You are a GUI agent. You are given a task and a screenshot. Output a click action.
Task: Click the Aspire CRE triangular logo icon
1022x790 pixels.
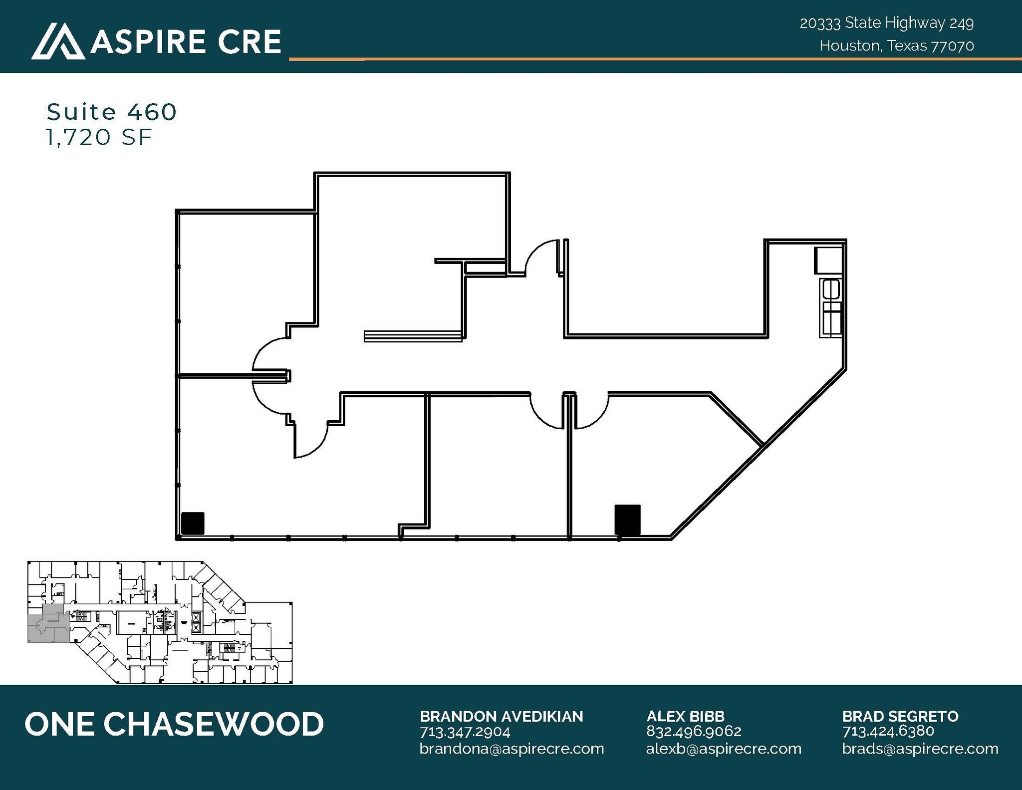(x=58, y=41)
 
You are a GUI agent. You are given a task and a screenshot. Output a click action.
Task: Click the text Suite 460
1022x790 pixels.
(x=111, y=112)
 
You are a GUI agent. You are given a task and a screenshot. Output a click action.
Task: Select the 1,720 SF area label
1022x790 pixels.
(x=99, y=137)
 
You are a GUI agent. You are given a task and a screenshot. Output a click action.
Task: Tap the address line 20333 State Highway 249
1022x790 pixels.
(x=886, y=23)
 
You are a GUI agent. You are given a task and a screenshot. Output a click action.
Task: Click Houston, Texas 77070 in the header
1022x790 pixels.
(x=896, y=46)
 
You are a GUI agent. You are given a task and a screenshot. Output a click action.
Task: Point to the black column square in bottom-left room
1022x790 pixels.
(x=193, y=524)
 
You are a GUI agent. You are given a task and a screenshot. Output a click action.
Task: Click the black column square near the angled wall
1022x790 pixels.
(x=627, y=520)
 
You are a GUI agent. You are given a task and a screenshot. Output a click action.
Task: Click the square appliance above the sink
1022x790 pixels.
(x=828, y=260)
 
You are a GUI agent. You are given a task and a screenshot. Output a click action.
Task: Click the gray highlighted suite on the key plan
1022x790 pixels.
(x=47, y=624)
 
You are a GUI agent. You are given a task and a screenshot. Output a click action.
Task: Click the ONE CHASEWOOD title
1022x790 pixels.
(x=174, y=724)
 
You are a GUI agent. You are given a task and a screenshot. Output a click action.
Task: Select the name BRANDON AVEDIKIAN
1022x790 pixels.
(x=501, y=716)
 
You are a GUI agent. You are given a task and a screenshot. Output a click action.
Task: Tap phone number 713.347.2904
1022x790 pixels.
(x=465, y=732)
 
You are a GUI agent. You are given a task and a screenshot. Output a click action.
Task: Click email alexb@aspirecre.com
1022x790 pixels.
(x=724, y=749)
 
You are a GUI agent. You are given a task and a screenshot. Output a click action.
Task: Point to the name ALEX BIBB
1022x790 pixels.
(x=685, y=716)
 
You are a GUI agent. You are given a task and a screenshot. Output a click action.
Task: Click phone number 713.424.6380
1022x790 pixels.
(x=888, y=731)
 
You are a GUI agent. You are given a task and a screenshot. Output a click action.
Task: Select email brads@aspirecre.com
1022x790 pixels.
(x=920, y=749)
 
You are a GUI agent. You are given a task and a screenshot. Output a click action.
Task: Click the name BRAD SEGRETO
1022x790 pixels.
(x=900, y=716)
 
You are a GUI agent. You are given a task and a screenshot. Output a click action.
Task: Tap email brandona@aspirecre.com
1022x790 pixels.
(x=511, y=749)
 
